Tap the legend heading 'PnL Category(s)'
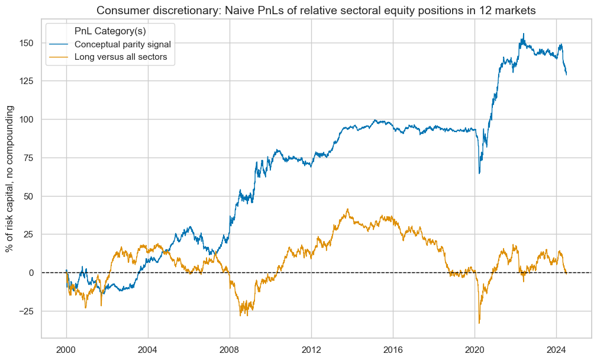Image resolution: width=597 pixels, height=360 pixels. (111, 30)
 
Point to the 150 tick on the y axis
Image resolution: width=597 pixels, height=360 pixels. (27, 43)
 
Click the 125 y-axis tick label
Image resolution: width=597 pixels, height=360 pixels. (27, 81)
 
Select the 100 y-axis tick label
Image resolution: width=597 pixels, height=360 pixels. (27, 120)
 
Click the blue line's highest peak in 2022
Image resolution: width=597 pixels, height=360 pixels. (523, 34)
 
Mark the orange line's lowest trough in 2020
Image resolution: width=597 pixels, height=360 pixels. (479, 323)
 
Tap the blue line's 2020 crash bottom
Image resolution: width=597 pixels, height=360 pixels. (479, 173)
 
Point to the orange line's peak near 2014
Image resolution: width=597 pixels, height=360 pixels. (348, 208)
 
